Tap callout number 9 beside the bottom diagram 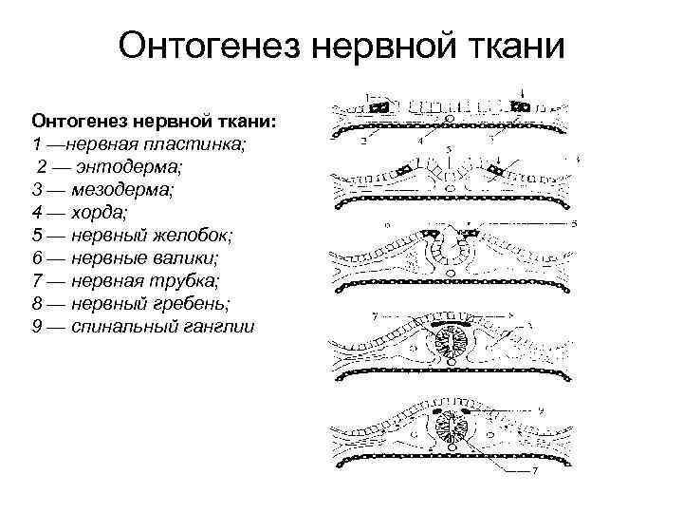pyautogui.click(x=540, y=410)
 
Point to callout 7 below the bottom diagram pyautogui.click(x=535, y=471)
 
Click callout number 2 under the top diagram pyautogui.click(x=363, y=142)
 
